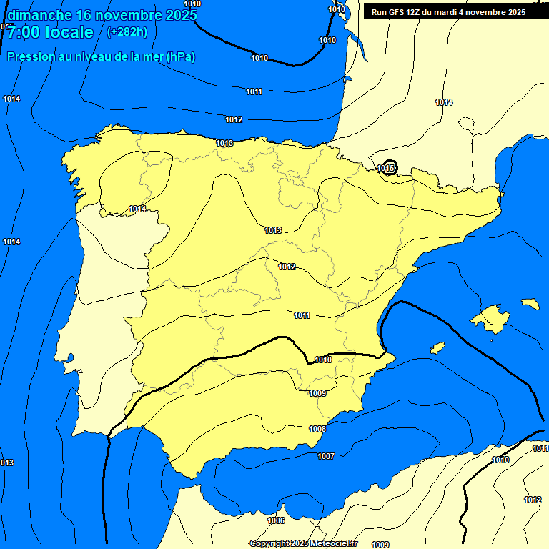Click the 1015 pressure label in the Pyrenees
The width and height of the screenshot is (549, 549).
(387, 168)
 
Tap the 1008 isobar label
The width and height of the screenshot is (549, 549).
(317, 429)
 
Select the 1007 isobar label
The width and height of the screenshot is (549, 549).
(326, 456)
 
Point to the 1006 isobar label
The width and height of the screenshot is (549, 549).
(276, 520)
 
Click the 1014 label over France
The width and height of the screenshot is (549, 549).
(444, 102)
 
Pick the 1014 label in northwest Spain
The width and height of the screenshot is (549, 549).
(137, 209)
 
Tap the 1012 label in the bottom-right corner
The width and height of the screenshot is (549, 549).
(533, 500)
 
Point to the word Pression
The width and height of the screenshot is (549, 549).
(31, 57)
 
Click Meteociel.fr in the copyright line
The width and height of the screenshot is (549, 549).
(332, 544)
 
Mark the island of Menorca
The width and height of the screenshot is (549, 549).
(530, 304)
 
